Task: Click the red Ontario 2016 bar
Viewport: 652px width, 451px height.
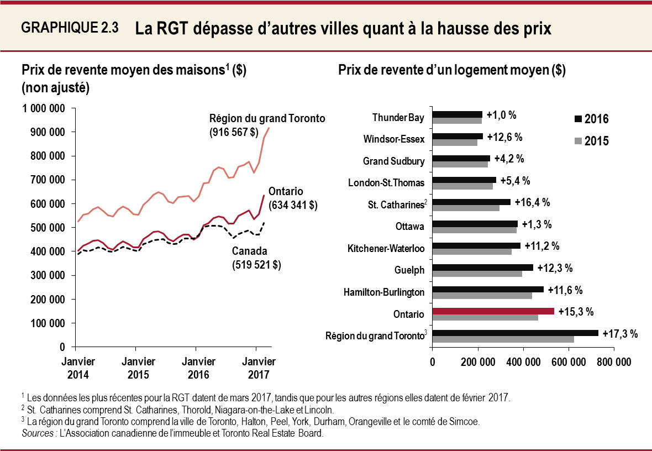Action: click(x=493, y=311)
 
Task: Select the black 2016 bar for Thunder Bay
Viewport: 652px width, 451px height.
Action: click(x=457, y=114)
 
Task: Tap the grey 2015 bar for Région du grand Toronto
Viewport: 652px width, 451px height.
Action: click(x=503, y=339)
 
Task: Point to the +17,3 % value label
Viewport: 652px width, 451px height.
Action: click(x=620, y=333)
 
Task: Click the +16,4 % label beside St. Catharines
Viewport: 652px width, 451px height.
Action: click(x=532, y=202)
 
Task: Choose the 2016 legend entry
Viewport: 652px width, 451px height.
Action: click(x=591, y=119)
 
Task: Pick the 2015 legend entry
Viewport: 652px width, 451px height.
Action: click(x=591, y=141)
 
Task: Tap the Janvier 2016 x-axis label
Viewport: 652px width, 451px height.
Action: click(x=198, y=368)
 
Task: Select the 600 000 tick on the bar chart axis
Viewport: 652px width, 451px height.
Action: click(x=569, y=362)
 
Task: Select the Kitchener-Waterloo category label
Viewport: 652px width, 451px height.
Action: click(x=386, y=249)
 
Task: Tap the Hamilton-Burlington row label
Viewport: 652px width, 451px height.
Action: click(x=384, y=292)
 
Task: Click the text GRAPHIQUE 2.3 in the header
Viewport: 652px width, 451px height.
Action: click(x=70, y=28)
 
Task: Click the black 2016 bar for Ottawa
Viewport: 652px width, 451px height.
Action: click(x=475, y=224)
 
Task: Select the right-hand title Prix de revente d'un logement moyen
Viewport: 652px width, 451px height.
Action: click(x=451, y=70)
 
